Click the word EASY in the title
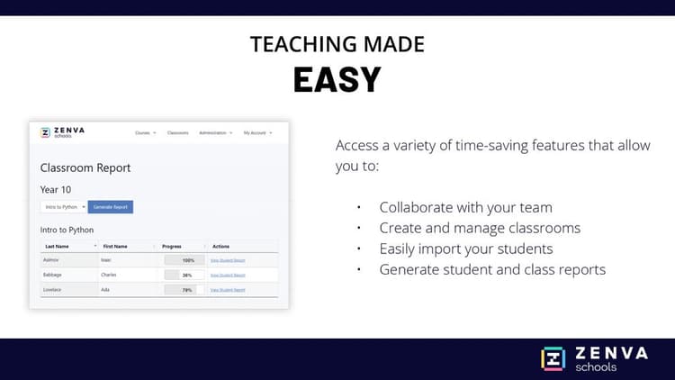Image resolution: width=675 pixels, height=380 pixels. tap(337, 80)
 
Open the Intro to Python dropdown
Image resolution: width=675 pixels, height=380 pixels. tap(64, 207)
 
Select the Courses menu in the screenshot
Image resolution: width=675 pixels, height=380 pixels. tap(145, 133)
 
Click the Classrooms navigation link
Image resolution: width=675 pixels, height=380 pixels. tap(177, 133)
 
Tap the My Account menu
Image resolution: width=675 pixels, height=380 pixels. tap(256, 133)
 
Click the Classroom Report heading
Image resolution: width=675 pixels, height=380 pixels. tap(85, 167)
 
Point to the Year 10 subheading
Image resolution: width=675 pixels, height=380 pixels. tap(55, 189)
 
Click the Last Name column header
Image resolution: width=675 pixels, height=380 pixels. tap(58, 246)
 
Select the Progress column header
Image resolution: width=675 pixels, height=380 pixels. tap(172, 246)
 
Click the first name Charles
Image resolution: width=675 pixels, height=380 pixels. tap(110, 275)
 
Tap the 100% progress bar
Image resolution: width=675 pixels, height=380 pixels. tap(184, 260)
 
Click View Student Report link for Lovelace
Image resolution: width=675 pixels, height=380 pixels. tap(227, 290)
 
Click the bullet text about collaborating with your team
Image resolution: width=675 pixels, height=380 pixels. tap(465, 207)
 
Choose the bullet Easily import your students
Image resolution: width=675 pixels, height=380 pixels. tap(465, 249)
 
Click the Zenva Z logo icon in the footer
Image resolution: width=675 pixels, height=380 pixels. tap(553, 358)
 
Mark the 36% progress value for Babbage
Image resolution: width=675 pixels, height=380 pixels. tap(187, 275)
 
